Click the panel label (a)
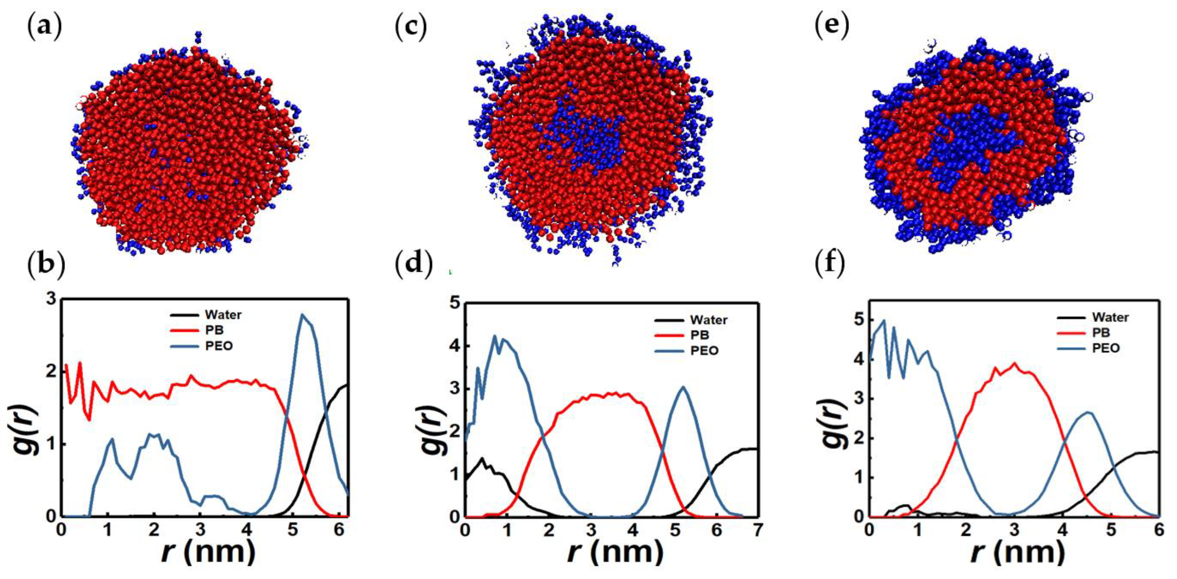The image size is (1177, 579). pos(44,28)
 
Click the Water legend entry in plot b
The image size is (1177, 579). pos(222,315)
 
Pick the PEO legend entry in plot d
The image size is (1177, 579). pos(704,351)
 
